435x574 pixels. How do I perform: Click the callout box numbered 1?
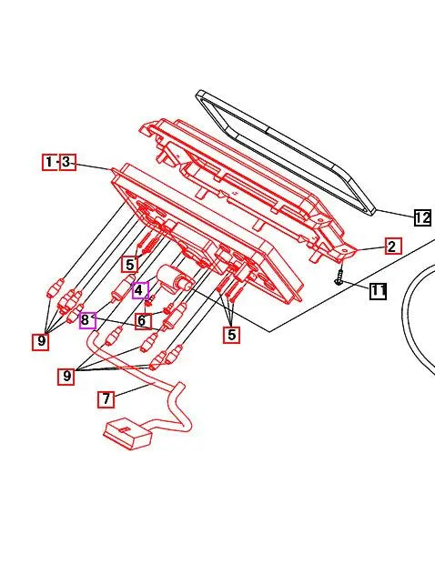coord(49,163)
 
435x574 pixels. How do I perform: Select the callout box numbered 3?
coord(67,163)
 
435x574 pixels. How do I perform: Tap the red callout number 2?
coord(391,246)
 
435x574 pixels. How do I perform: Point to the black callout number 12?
coord(421,217)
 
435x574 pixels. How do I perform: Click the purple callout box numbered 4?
coord(139,291)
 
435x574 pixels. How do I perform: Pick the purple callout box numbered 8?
coord(87,319)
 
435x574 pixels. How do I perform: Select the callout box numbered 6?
coord(143,320)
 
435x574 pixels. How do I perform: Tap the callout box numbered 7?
coord(106,398)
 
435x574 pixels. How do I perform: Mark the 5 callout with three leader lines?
coord(232,335)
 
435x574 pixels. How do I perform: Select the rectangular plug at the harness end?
coord(127,433)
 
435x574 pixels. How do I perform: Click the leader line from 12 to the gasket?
coord(395,213)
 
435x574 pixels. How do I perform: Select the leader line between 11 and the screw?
coord(356,287)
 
